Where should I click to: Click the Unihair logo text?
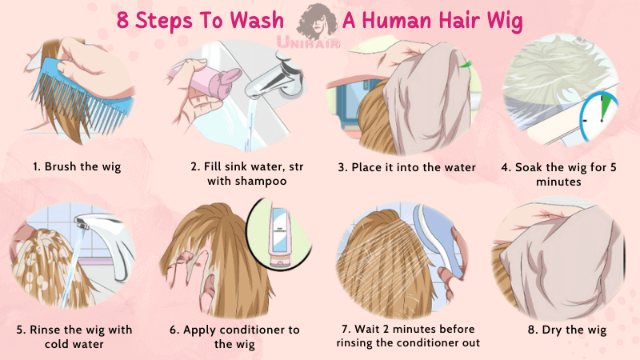[x=308, y=42]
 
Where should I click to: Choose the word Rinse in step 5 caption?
[x=45, y=330]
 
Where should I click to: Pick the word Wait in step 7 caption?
[x=367, y=329]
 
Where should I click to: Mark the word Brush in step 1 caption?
[x=61, y=166]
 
